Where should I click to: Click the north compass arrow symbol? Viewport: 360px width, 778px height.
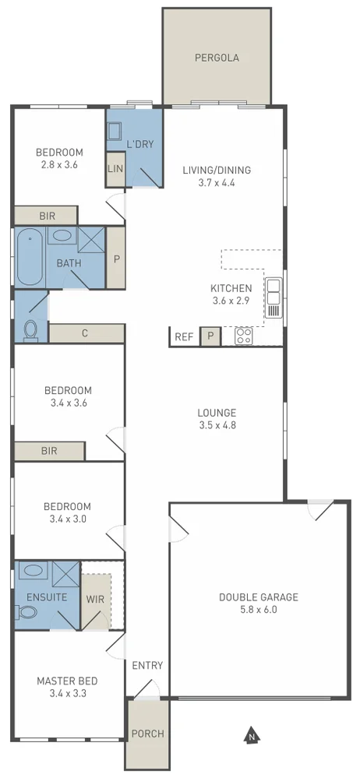[251, 734]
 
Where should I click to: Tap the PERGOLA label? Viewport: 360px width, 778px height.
[217, 58]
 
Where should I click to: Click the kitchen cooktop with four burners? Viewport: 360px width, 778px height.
[244, 336]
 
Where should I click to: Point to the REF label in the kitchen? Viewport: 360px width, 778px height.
[184, 337]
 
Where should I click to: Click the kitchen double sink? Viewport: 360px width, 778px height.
[274, 298]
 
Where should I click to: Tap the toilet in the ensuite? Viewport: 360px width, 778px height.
[28, 611]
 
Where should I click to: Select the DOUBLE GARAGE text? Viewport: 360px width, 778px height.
[258, 597]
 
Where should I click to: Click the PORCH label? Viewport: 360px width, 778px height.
[146, 734]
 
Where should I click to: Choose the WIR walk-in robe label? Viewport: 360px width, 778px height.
[96, 598]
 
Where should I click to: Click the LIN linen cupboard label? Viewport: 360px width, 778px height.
[115, 168]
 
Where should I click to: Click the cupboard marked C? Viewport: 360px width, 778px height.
[84, 333]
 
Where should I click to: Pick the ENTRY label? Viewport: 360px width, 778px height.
[147, 665]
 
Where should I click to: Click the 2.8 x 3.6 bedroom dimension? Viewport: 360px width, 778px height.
[61, 165]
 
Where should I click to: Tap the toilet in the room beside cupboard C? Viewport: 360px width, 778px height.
[30, 329]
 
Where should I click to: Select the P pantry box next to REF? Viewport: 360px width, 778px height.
[210, 336]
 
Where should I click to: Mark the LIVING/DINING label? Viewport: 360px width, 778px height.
[217, 170]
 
